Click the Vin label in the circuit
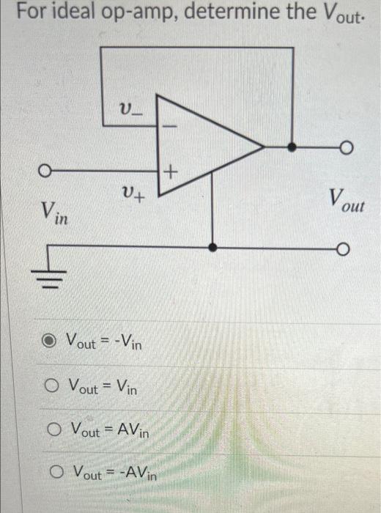pyautogui.click(x=51, y=213)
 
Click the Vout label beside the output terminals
pyautogui.click(x=345, y=199)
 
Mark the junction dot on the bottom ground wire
pyautogui.click(x=212, y=248)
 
